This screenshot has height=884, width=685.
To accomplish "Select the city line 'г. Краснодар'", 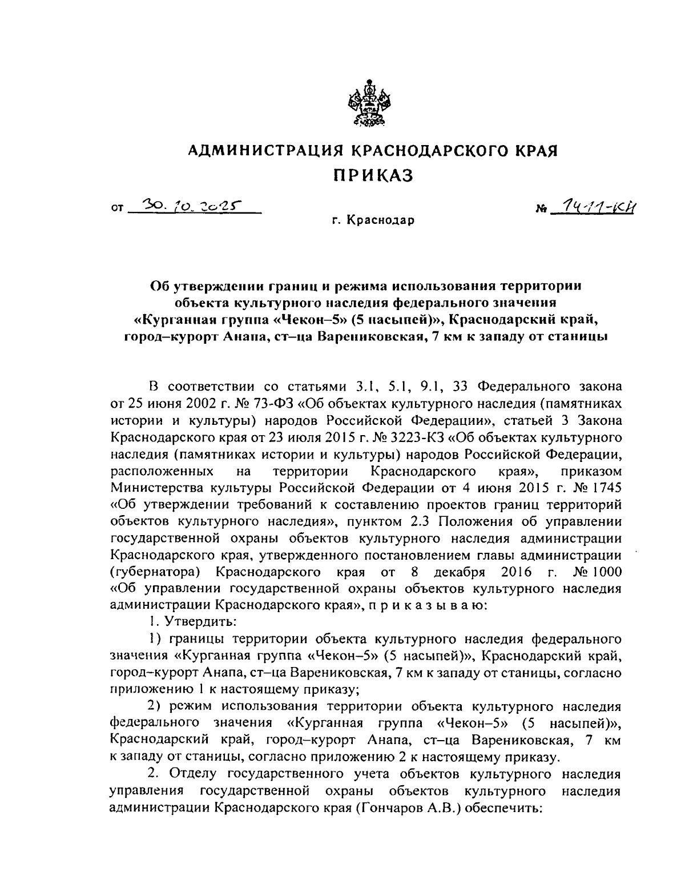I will point(374,220).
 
